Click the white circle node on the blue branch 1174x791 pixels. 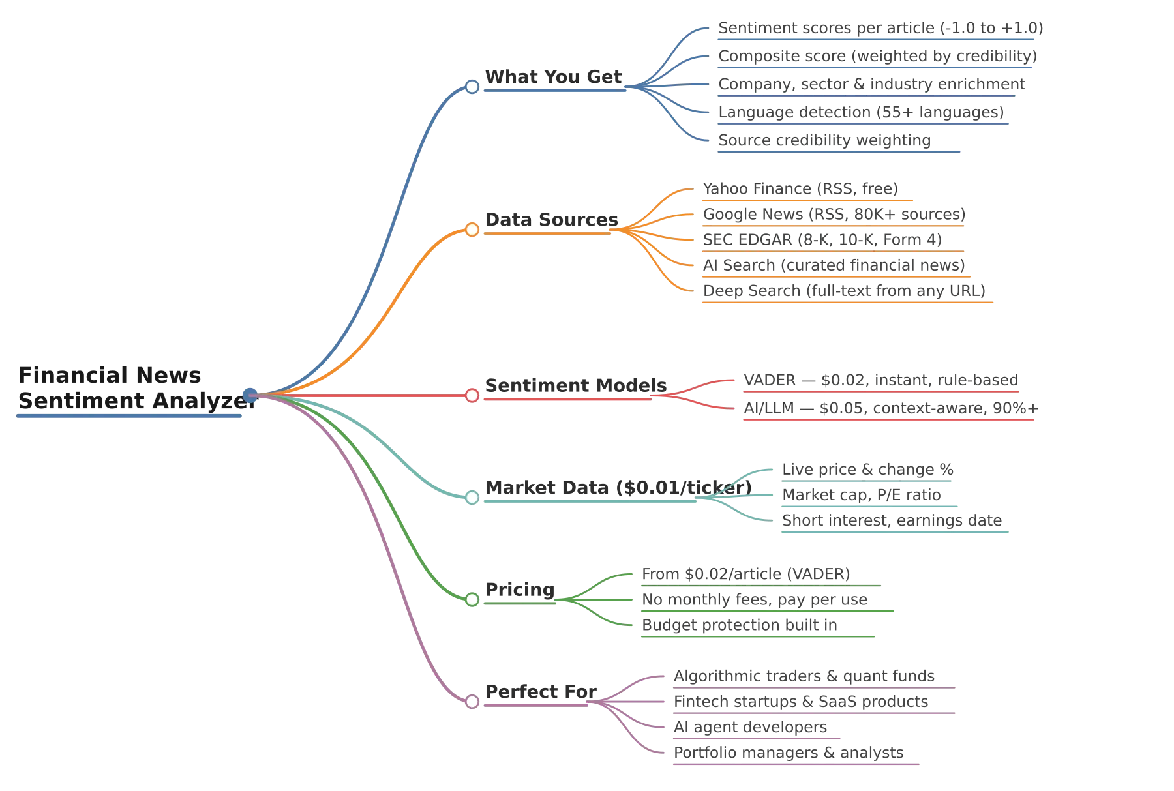pyautogui.click(x=472, y=86)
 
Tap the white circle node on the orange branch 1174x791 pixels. pyautogui.click(x=472, y=229)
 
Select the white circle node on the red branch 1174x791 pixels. pyautogui.click(x=472, y=395)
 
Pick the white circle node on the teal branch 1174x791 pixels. pyautogui.click(x=472, y=498)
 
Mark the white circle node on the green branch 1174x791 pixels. pyautogui.click(x=472, y=599)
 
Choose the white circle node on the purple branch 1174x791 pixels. pyautogui.click(x=472, y=701)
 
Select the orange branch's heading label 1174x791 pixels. pyautogui.click(x=552, y=219)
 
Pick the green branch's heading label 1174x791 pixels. pyautogui.click(x=522, y=590)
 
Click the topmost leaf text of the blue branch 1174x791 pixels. pyautogui.click(x=878, y=29)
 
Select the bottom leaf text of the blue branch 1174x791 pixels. pyautogui.click(x=824, y=140)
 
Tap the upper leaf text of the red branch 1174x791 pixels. pyautogui.click(x=880, y=379)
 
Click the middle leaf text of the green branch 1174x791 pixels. pyautogui.click(x=756, y=599)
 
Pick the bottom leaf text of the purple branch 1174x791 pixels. pyautogui.click(x=789, y=753)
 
